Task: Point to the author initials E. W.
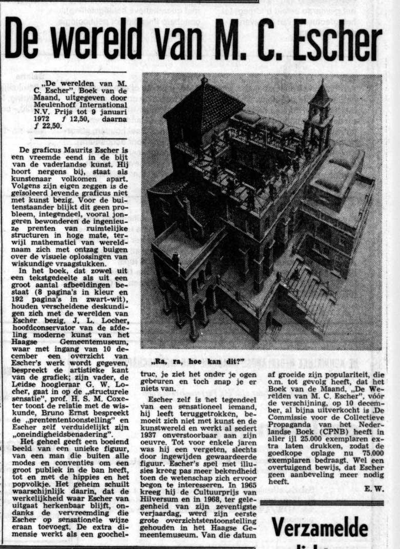coord(375,488)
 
